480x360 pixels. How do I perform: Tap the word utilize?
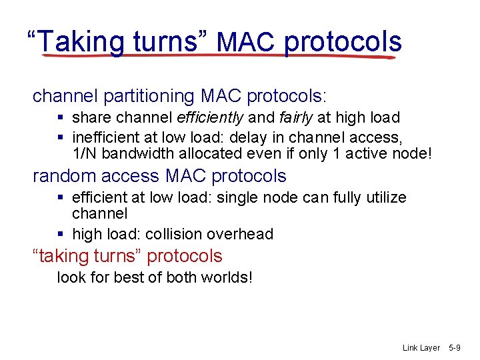[383, 198]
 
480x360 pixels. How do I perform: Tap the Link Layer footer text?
[421, 348]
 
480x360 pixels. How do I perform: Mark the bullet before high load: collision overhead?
[61, 234]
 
